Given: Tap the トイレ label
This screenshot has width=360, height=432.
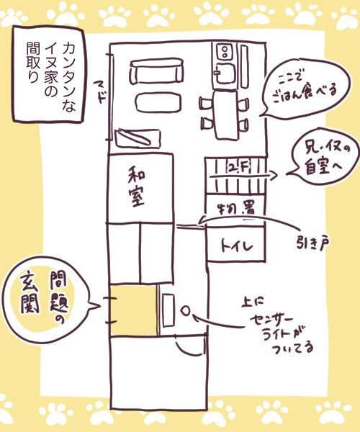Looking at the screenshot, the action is [237, 246].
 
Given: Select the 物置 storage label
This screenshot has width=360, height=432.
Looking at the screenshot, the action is [237, 209].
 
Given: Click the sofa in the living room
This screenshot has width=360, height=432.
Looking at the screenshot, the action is [156, 71].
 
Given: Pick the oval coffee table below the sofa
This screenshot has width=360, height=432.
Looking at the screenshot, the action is [158, 102].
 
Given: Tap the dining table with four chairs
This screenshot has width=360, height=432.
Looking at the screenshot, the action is [225, 114].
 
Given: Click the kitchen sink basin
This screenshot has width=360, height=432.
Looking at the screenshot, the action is [225, 73].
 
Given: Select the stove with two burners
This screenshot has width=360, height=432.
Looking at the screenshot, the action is [224, 52].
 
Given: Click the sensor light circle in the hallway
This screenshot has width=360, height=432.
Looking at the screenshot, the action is [186, 310].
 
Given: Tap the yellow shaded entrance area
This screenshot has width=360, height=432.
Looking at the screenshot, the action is [135, 310].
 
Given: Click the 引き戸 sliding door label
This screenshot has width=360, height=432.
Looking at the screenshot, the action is [313, 243].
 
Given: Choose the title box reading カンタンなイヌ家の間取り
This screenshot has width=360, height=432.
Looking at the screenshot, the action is [49, 73].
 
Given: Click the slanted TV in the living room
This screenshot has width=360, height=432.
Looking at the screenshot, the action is [138, 138].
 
